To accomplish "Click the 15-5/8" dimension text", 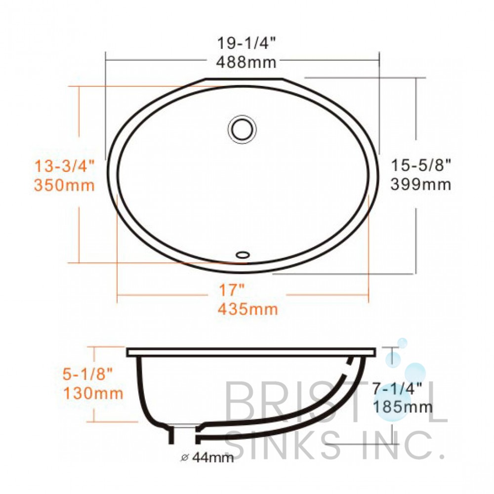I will click(421, 165).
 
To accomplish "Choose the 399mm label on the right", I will click(421, 184).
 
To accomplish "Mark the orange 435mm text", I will click(247, 309).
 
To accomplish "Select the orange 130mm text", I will click(93, 393).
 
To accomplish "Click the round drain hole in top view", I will click(242, 128).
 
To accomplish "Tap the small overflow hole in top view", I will click(243, 254).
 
